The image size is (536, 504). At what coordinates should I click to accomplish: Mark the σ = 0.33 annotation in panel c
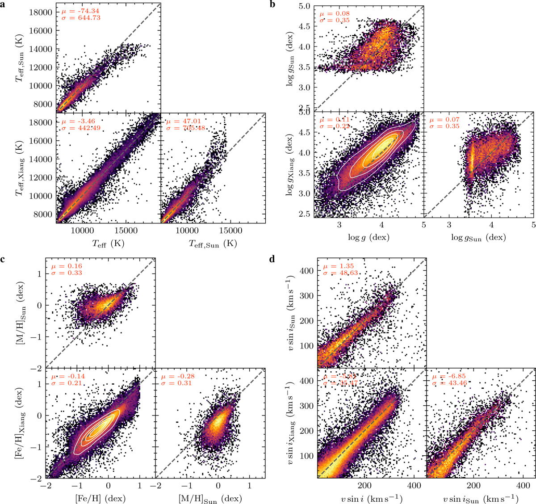click(67, 273)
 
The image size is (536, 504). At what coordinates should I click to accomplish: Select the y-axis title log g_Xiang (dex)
click(295, 163)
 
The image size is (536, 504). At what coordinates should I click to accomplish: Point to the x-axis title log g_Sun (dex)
click(478, 238)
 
